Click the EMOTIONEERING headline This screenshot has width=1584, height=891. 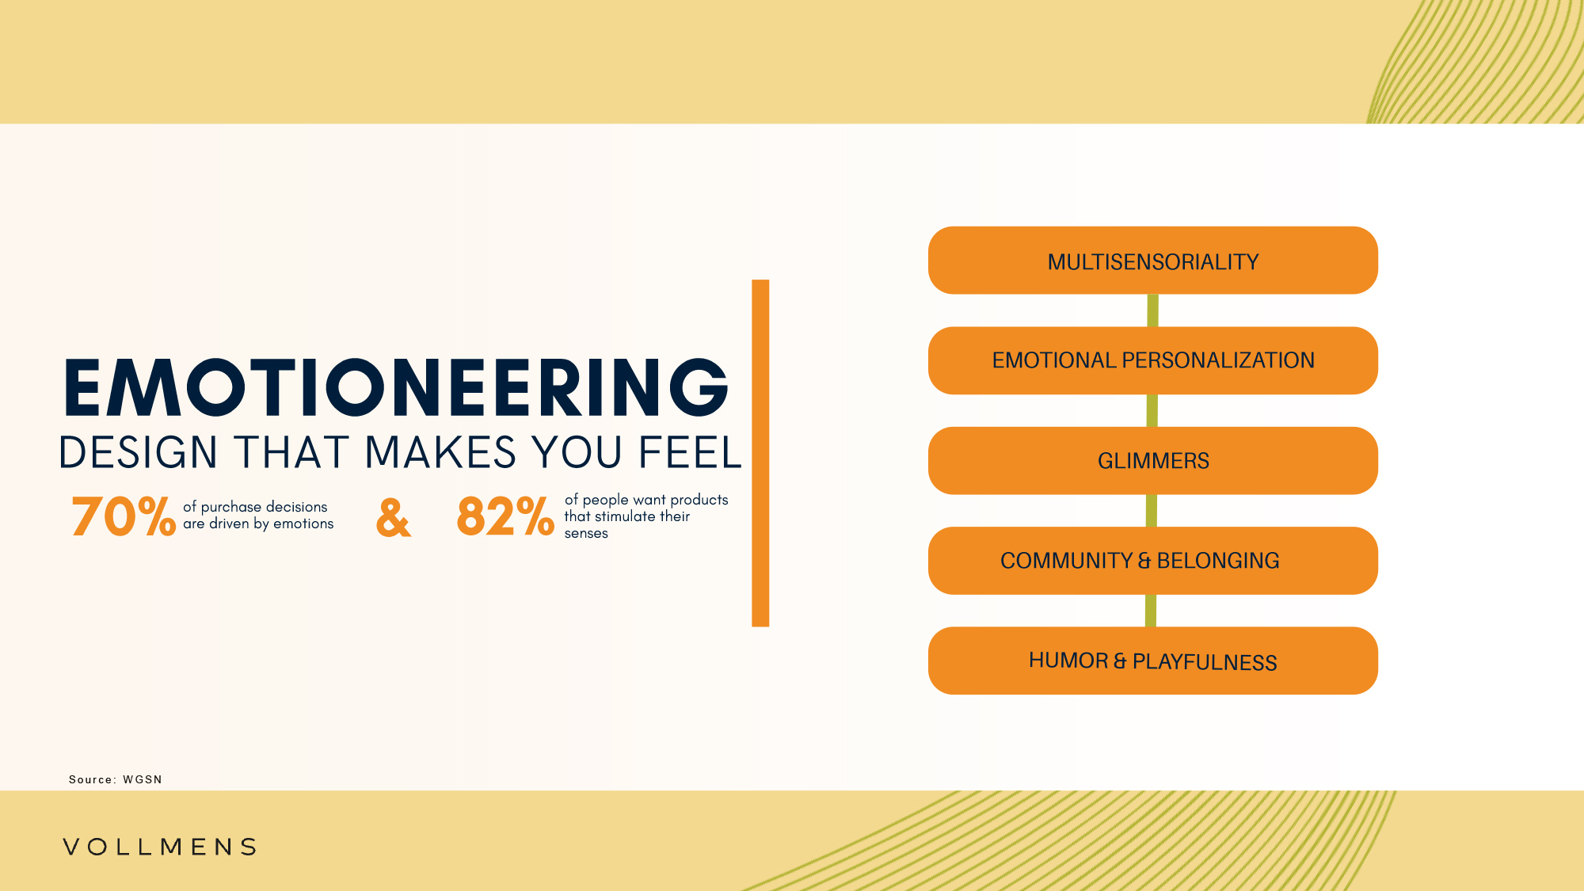point(396,387)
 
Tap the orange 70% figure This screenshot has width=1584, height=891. point(124,516)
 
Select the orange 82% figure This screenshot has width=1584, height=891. point(505,516)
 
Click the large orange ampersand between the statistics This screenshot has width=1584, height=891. point(394,518)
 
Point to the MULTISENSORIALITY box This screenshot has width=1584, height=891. point(1153,261)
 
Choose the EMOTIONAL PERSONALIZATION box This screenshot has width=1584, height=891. point(1153,360)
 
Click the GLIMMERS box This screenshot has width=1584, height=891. point(1153,461)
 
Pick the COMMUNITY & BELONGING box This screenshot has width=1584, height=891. point(1153,561)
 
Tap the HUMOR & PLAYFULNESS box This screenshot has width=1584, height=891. point(1153,661)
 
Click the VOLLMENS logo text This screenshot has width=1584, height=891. point(160,847)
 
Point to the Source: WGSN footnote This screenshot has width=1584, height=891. point(116,779)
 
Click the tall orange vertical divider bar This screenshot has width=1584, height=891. point(760,453)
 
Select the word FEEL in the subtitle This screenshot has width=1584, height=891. point(690,452)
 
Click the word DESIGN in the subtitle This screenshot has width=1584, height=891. point(139,452)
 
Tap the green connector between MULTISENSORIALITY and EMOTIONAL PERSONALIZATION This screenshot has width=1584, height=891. point(1153,310)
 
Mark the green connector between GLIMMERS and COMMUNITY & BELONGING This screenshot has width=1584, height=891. point(1152,511)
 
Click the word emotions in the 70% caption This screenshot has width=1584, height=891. point(303,524)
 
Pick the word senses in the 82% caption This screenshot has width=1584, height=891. point(586,534)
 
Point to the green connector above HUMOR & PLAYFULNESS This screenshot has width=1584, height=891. point(1151,611)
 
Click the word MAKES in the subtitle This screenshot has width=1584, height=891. point(440,452)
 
